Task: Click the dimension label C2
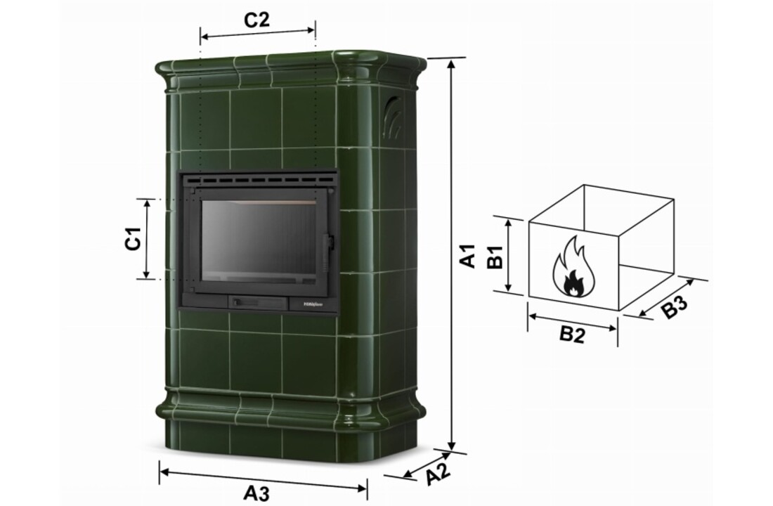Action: [256, 20]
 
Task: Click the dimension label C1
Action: [134, 239]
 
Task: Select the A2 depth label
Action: [438, 475]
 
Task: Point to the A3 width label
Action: [256, 493]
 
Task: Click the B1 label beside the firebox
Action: [494, 257]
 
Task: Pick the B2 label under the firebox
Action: [572, 335]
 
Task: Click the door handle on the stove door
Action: [326, 246]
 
